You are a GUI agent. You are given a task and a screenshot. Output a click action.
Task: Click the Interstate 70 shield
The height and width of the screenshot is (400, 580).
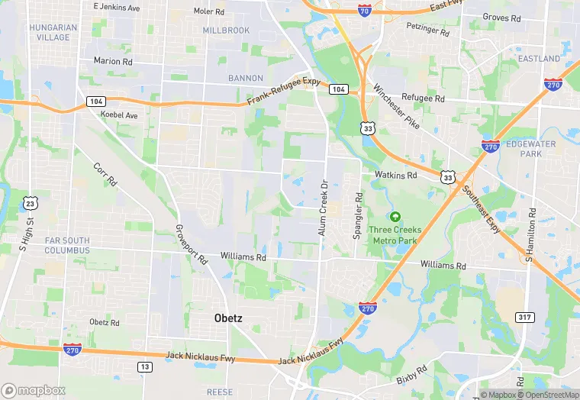click(366, 10)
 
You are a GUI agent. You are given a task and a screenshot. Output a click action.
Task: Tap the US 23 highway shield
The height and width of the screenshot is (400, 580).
click(30, 202)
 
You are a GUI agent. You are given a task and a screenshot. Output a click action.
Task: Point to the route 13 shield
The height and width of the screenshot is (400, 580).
click(143, 368)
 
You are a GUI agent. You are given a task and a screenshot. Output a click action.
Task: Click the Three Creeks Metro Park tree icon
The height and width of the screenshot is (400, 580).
click(395, 217)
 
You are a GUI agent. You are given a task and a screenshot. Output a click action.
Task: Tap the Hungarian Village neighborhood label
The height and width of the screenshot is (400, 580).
click(53, 32)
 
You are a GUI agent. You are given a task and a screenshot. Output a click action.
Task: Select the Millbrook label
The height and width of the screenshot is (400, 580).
click(226, 31)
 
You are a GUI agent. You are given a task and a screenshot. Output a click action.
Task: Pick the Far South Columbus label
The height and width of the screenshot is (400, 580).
click(66, 245)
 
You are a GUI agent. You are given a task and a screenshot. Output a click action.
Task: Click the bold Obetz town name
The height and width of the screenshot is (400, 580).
click(227, 318)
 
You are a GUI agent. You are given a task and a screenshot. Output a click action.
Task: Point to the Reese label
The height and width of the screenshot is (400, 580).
click(220, 392)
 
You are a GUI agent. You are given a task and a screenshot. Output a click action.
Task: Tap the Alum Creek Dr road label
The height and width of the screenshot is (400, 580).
click(323, 208)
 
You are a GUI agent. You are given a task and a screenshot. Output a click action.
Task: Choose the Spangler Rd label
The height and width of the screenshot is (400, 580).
click(356, 216)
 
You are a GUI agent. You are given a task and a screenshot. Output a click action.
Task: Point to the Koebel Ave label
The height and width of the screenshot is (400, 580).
click(119, 115)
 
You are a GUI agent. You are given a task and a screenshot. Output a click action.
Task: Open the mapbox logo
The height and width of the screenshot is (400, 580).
click(34, 390)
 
